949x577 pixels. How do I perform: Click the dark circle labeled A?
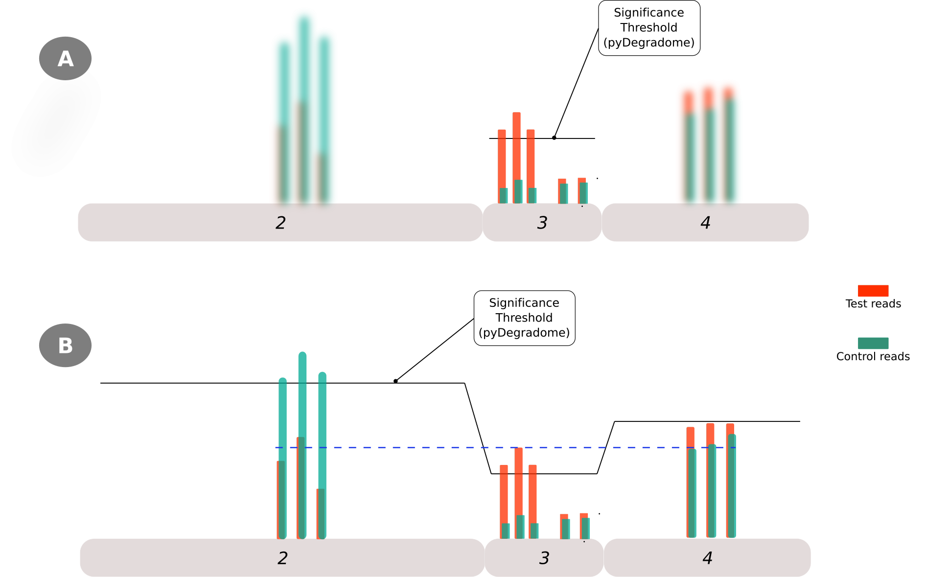coord(65,58)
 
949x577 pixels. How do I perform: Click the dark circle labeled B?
coord(65,345)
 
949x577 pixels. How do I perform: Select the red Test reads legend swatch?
coord(873,291)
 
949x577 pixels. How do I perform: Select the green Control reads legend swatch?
coord(873,343)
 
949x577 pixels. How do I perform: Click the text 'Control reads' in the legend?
coord(873,356)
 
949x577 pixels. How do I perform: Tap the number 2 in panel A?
coord(280,223)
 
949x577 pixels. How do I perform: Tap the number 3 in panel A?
coord(542,223)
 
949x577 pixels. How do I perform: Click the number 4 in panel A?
coord(705,223)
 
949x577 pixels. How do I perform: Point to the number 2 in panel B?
coord(282,558)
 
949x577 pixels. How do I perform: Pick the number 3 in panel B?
coord(544,558)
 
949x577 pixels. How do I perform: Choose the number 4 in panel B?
coord(707,558)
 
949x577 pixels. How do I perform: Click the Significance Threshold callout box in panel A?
coord(649,28)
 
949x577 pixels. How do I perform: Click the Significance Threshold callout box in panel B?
coord(524,318)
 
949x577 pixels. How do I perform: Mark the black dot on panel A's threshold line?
coord(554,138)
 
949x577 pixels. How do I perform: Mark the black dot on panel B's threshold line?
coord(395,381)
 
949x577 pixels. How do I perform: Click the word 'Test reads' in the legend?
coord(873,303)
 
